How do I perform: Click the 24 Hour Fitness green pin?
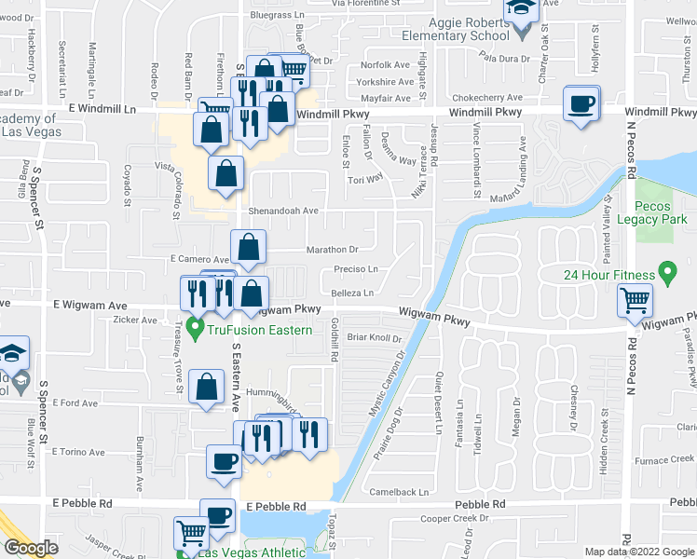coord(666,273)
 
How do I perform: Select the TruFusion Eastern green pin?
coord(195,328)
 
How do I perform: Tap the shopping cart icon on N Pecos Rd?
coord(635,301)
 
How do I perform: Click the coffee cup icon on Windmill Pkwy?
coord(581,103)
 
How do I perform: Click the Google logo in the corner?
coord(31,548)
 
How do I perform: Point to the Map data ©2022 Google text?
coord(637,552)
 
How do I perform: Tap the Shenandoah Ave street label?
coord(282,211)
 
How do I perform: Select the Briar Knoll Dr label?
coord(373,337)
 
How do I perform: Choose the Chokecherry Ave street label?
coord(483,98)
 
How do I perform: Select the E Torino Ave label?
coord(80,452)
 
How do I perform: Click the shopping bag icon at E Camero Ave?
coord(248,247)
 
